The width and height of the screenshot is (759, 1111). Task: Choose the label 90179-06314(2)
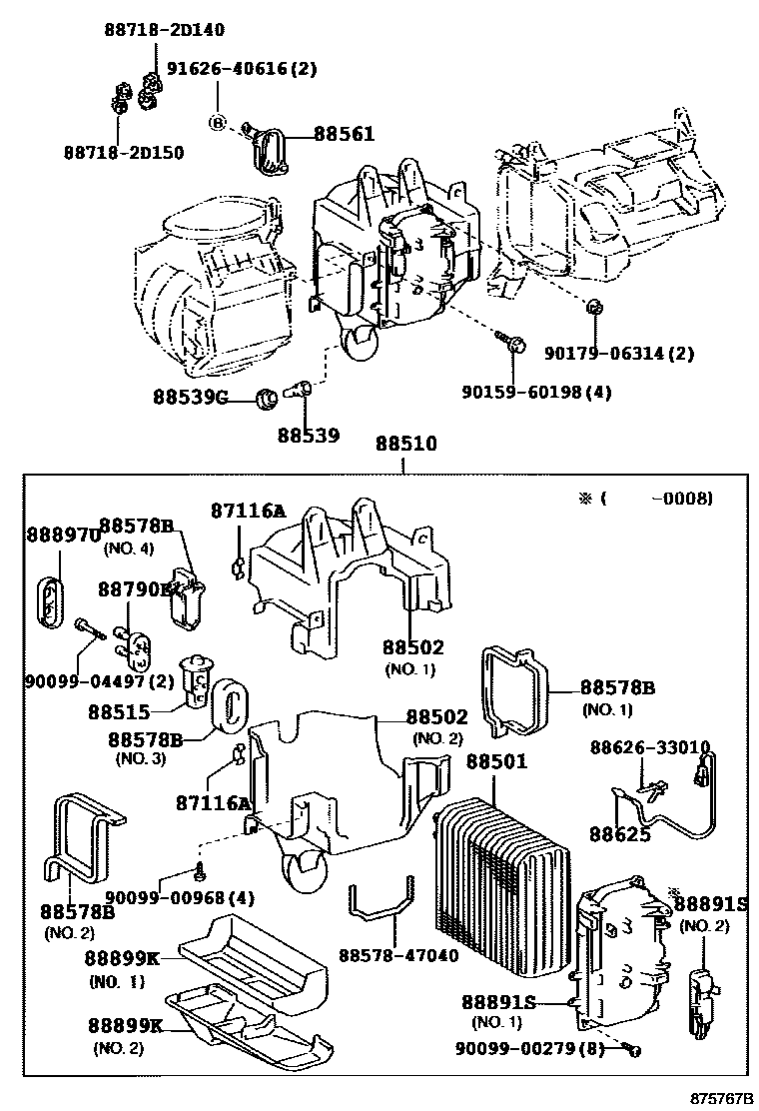(619, 353)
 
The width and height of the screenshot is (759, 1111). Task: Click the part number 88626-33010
(649, 747)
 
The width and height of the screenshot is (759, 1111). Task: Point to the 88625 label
(619, 833)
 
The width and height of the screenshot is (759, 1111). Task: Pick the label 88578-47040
(398, 955)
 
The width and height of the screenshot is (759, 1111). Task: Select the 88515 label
(118, 713)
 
